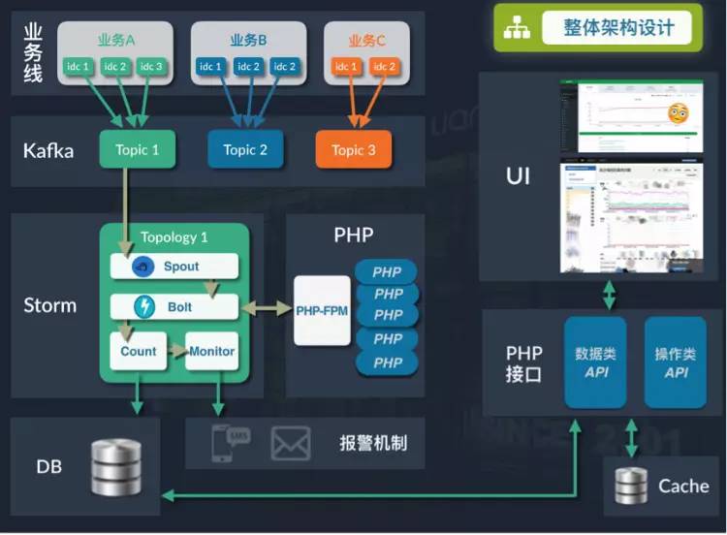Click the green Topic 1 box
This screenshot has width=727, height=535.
[137, 150]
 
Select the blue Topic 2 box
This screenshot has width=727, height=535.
[245, 150]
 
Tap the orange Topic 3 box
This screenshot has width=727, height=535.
[353, 150]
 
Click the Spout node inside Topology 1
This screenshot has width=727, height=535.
[174, 267]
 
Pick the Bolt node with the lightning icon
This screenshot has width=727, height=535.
[174, 307]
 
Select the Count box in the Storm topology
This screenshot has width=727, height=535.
[139, 352]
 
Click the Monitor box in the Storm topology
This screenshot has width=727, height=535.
[212, 352]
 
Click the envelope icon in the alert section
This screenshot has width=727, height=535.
[290, 444]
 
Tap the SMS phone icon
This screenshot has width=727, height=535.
[231, 443]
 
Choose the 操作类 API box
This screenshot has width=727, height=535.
[676, 362]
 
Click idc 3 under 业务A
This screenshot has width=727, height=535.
[150, 66]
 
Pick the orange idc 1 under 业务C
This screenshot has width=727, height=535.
[346, 66]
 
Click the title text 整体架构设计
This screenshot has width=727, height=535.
[618, 27]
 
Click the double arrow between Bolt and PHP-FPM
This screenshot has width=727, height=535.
[267, 308]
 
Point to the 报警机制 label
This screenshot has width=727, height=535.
[373, 444]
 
